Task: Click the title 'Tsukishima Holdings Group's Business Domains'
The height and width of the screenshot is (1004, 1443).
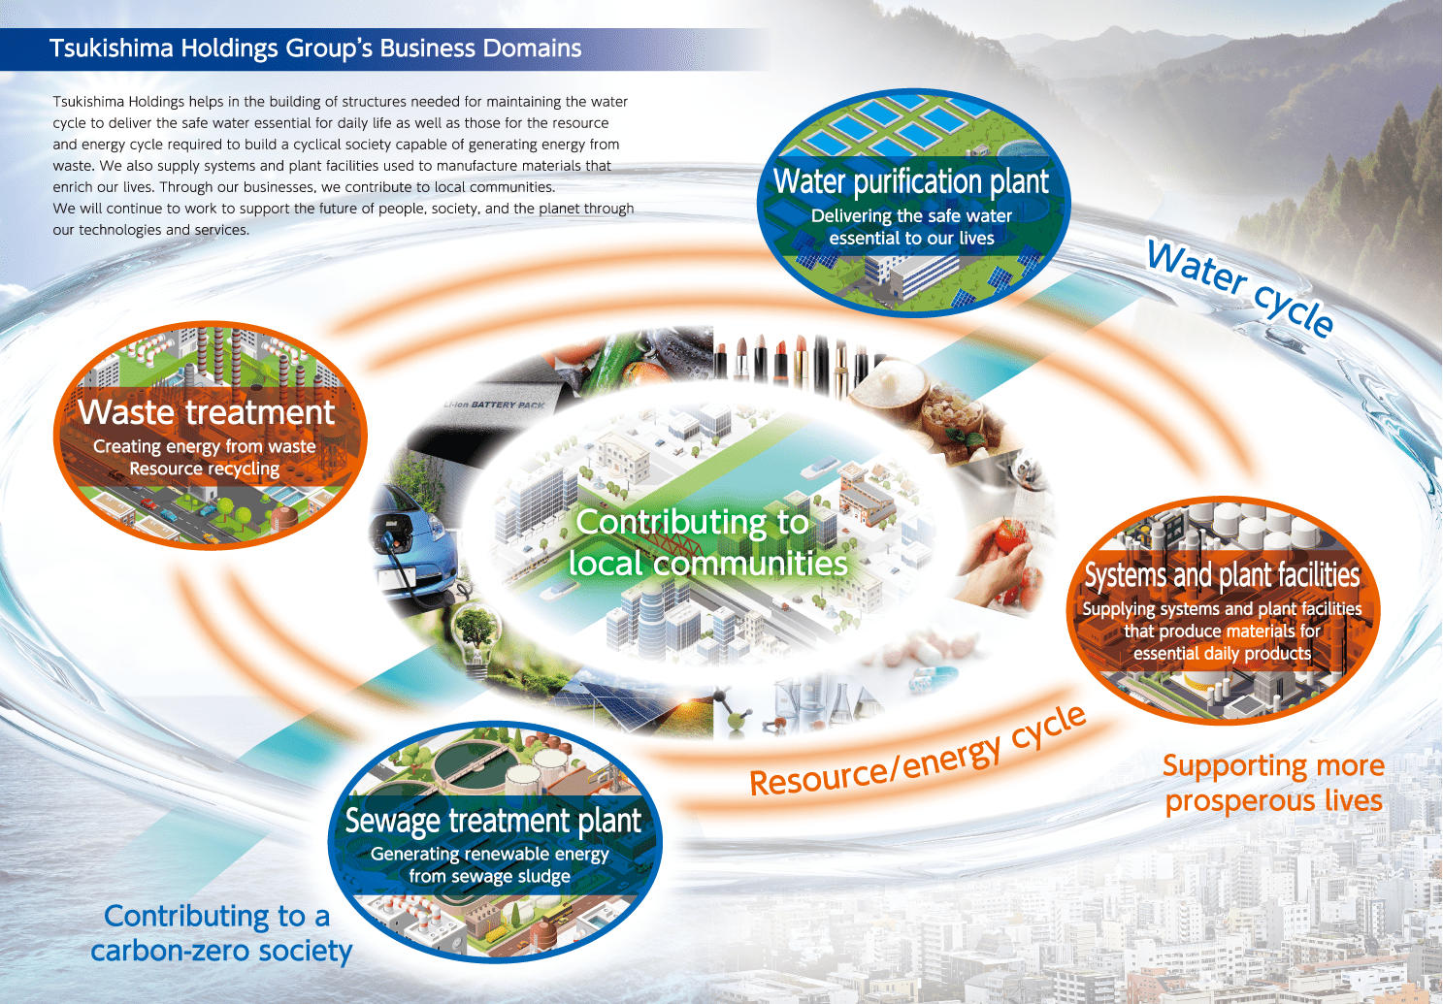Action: coord(315,49)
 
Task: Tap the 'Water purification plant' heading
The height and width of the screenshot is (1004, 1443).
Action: coord(911,181)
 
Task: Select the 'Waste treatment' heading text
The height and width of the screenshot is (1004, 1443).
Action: coord(206,412)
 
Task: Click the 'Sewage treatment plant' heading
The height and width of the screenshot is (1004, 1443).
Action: coord(493,821)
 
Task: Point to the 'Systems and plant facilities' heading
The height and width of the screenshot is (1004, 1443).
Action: coord(1222,575)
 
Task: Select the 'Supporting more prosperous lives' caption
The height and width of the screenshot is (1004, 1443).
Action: coord(1273,784)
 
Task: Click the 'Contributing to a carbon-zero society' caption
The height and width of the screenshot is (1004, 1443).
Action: coord(221,933)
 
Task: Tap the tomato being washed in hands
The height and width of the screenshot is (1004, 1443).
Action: coord(1009,535)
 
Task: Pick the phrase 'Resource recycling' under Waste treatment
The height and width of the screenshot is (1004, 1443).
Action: coord(205,469)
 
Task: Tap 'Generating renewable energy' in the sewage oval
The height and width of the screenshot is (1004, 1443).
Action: coord(490,854)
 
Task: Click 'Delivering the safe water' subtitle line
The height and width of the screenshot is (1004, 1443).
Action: coord(911,215)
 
